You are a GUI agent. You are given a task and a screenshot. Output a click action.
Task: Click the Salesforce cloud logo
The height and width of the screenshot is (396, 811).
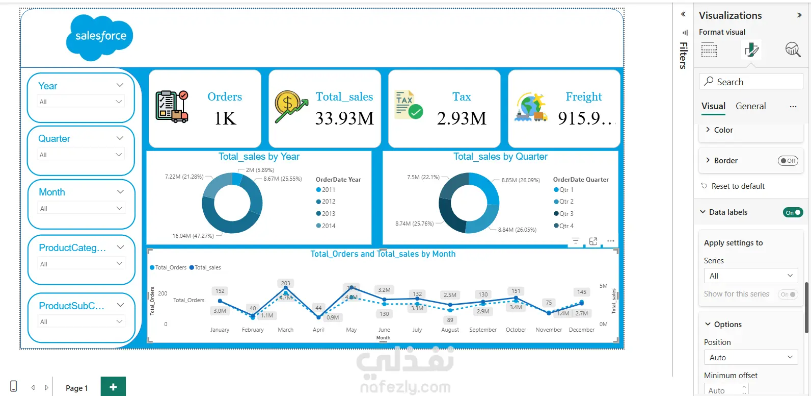tap(100, 37)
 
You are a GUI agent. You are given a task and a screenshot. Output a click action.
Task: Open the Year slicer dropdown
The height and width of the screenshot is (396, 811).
tap(82, 102)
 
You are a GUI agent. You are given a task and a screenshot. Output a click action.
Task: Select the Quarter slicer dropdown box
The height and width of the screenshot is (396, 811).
tap(82, 155)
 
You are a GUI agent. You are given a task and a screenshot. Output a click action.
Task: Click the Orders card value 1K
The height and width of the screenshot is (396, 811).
tap(225, 118)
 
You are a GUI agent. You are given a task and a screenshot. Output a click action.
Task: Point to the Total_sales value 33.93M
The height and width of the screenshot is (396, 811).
tap(344, 118)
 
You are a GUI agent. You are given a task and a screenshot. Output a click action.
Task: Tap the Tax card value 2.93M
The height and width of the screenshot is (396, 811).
tap(462, 118)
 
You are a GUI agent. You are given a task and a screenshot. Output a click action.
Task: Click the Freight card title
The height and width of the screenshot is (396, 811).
tap(583, 96)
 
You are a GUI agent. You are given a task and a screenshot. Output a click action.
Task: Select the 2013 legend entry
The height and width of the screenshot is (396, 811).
tap(328, 214)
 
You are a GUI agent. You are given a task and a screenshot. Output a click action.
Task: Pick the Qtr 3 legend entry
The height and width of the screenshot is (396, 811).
tap(566, 214)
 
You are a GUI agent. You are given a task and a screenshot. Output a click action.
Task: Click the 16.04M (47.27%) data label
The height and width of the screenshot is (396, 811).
tap(193, 236)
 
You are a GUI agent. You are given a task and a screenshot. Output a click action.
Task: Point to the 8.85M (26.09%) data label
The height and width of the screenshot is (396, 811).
tap(520, 180)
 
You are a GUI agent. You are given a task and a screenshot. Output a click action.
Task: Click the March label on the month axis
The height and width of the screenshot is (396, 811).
tap(285, 330)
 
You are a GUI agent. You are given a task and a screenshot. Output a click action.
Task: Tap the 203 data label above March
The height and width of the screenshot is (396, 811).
tap(285, 283)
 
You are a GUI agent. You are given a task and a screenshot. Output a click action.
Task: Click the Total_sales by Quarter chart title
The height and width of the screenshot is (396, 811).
tap(500, 157)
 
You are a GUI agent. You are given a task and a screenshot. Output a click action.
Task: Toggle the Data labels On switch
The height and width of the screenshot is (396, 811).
tap(793, 212)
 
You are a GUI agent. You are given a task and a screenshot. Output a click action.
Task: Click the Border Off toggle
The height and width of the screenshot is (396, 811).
tap(788, 161)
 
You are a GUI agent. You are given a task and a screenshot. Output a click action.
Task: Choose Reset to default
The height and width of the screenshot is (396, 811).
tap(738, 186)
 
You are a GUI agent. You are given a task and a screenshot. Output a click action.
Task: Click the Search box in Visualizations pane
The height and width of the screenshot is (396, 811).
tap(751, 82)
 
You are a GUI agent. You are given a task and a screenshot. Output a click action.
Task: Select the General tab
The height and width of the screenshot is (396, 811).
tap(750, 106)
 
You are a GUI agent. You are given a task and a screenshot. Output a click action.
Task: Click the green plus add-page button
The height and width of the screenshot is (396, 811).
tap(113, 387)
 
